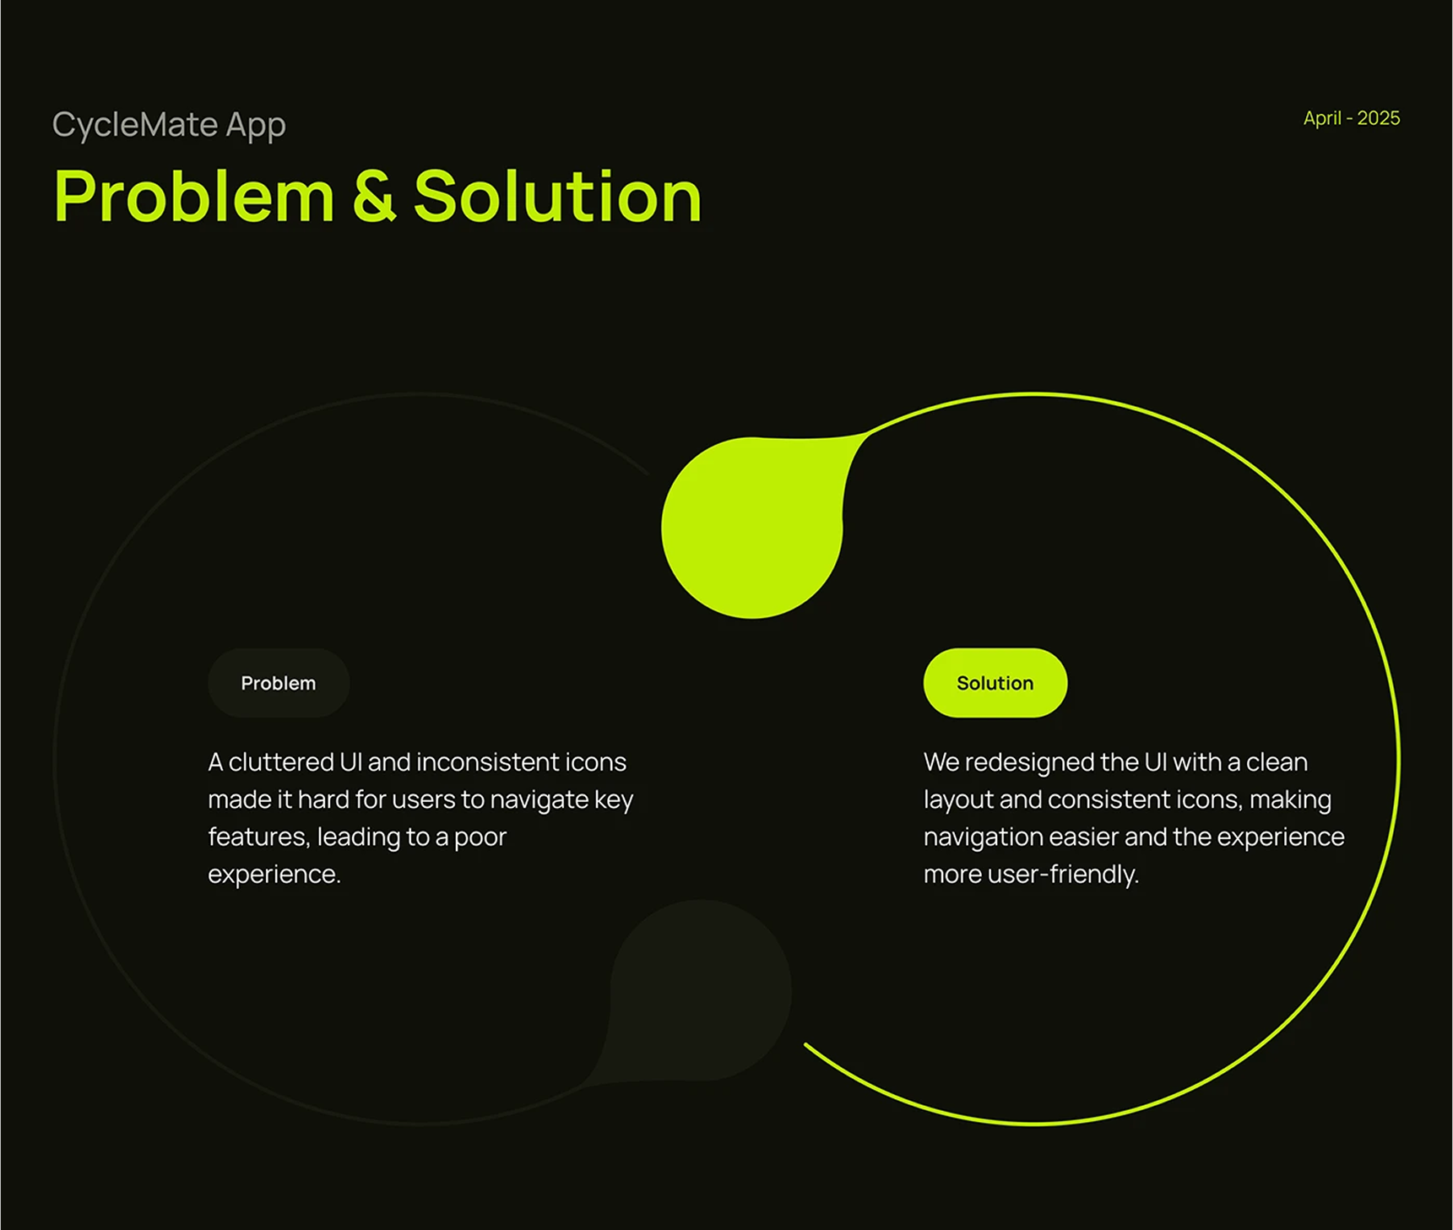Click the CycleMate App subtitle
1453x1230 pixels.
click(x=169, y=125)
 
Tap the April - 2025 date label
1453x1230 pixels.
click(x=1351, y=118)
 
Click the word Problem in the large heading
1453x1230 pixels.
click(x=194, y=197)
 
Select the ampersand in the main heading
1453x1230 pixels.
click(x=374, y=197)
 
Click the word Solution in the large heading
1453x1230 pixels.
click(x=557, y=197)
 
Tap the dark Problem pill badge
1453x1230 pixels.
click(x=279, y=683)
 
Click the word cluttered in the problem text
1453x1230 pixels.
click(x=281, y=762)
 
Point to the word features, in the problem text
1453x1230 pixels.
click(x=259, y=837)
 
